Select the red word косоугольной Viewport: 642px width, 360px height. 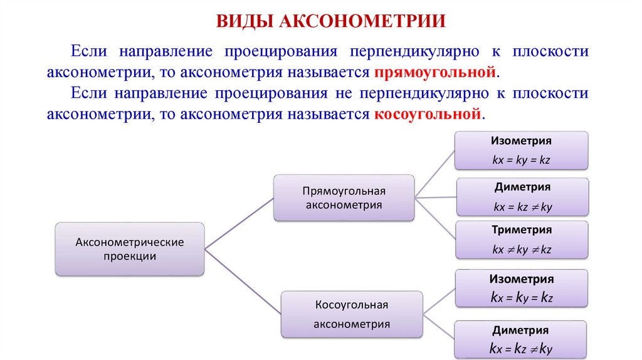click(x=429, y=115)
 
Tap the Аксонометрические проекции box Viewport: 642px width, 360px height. click(x=130, y=249)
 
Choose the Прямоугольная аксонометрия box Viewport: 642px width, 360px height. click(x=344, y=198)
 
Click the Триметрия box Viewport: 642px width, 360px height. click(x=522, y=240)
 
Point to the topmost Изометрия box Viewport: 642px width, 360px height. click(x=522, y=150)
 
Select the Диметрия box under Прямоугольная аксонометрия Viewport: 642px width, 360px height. click(x=522, y=196)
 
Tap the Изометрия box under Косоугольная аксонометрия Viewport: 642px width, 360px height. click(x=522, y=288)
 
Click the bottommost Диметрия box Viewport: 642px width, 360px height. click(x=522, y=339)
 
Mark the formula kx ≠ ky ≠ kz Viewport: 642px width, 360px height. click(x=522, y=249)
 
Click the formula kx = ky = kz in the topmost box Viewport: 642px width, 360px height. click(x=522, y=160)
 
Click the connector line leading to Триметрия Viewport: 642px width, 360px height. click(x=435, y=219)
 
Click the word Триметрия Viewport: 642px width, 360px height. click(x=522, y=230)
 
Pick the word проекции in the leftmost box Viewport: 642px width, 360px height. click(x=130, y=256)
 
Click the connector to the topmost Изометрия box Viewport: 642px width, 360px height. click(x=435, y=173)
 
